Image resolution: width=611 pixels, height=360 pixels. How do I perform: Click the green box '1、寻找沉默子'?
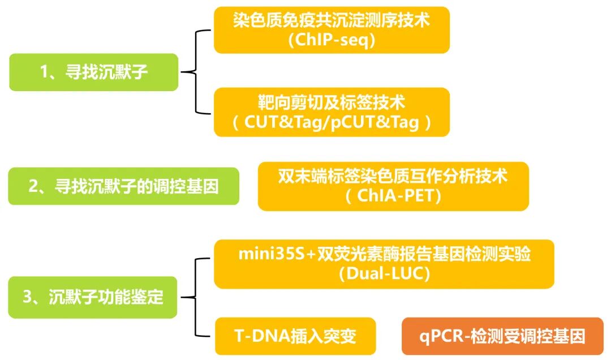(x=93, y=72)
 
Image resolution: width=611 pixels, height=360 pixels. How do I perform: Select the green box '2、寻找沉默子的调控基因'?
(x=123, y=186)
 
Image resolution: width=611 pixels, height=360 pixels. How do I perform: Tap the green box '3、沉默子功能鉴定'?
(x=93, y=297)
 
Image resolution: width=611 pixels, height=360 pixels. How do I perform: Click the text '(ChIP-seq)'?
(x=332, y=41)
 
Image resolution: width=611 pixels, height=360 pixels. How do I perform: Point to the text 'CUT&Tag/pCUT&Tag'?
(x=332, y=123)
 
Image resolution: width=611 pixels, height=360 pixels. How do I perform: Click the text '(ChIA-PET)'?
(x=393, y=196)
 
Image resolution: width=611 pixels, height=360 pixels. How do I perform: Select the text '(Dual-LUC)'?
(x=384, y=274)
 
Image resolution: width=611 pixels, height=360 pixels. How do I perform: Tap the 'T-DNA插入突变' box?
(x=295, y=336)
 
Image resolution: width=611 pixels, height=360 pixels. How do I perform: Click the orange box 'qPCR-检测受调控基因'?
(x=502, y=336)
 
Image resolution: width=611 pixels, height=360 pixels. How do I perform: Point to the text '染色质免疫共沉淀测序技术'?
(x=332, y=21)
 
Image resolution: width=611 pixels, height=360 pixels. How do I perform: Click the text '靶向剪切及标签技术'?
(x=332, y=103)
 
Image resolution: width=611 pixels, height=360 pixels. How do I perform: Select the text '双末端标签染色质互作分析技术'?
(x=393, y=177)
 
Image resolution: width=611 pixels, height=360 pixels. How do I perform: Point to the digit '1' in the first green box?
(x=44, y=72)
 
